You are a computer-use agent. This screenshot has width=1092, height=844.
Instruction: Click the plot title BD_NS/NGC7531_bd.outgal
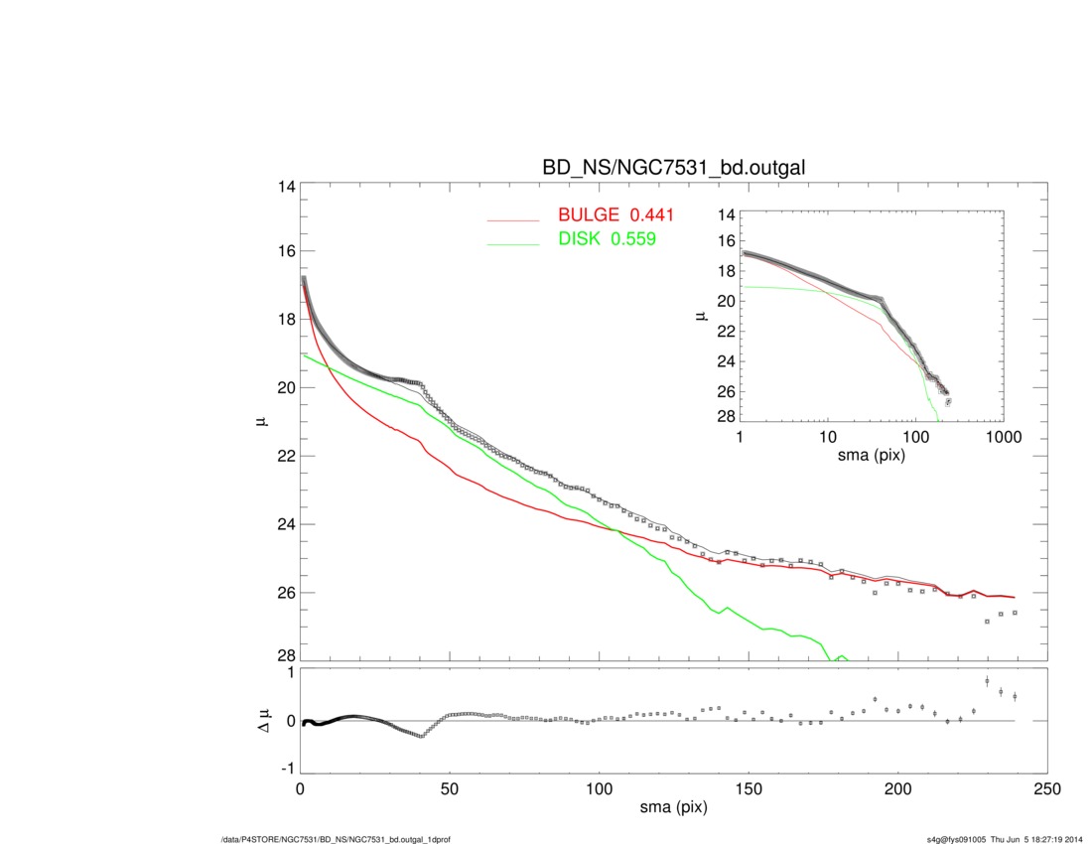tap(673, 169)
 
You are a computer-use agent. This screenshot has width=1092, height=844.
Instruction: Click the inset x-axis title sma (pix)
tap(873, 455)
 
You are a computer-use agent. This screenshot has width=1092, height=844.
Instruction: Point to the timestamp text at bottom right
tap(1005, 839)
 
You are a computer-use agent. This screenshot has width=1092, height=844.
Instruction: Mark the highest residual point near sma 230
tap(987, 681)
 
